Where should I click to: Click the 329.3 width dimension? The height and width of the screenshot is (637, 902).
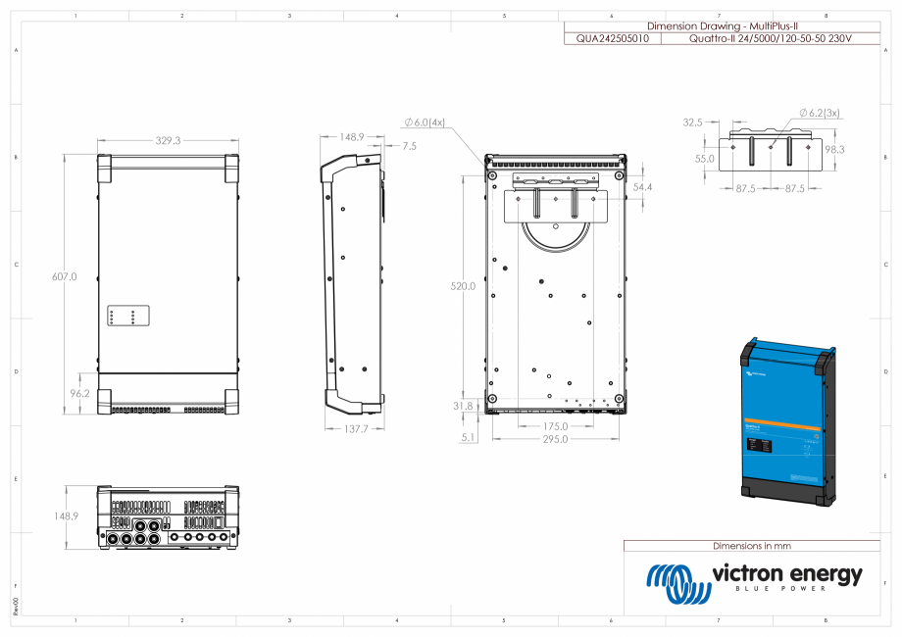click(169, 141)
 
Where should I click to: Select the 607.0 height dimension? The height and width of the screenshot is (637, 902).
click(64, 277)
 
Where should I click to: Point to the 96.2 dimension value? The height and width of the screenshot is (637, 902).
click(80, 394)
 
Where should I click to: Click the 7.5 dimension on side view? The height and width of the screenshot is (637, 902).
click(409, 145)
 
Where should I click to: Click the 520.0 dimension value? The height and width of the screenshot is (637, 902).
click(462, 287)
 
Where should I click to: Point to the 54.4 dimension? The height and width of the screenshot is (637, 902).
click(644, 187)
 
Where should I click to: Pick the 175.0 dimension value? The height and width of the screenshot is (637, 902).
click(555, 426)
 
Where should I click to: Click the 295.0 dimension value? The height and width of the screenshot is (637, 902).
click(556, 439)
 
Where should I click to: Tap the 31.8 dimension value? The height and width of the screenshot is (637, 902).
click(462, 405)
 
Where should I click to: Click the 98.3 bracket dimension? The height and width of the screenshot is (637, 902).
click(834, 149)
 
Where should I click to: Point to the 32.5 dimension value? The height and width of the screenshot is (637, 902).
click(693, 122)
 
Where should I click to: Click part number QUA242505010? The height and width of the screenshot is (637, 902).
click(612, 38)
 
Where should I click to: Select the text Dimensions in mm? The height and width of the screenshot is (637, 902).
click(751, 546)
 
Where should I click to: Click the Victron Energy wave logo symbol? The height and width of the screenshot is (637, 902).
click(677, 584)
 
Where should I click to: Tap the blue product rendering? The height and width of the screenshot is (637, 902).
click(787, 421)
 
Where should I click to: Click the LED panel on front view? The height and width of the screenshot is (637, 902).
click(127, 316)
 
